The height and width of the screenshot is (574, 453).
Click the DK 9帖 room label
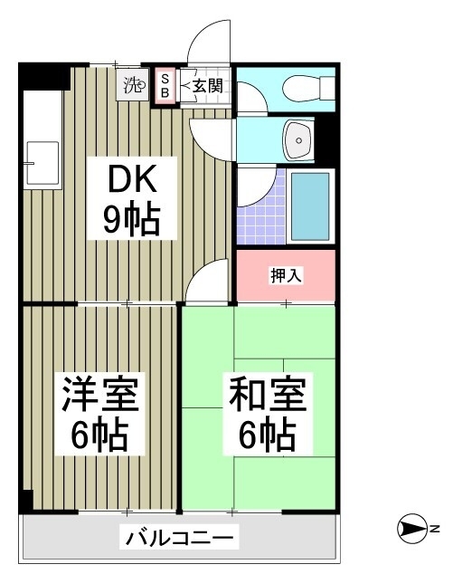pos(132,198)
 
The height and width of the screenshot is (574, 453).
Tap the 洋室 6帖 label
pos(99,414)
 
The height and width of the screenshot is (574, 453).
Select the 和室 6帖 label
pos(268,414)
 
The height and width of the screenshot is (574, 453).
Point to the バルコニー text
pos(180,538)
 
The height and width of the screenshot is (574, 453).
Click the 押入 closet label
pos(286,275)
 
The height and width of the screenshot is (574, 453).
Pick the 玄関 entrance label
pos(207,86)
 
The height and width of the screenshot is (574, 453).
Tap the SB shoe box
pos(165,86)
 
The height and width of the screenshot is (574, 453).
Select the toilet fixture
pos(308,88)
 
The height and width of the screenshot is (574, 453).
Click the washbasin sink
pos(298,139)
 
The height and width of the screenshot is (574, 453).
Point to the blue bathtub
pos(310,206)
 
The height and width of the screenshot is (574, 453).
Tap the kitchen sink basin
pos(42,163)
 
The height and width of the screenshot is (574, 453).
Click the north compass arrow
pos(412,529)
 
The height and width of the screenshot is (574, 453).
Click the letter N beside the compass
pos(435,529)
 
